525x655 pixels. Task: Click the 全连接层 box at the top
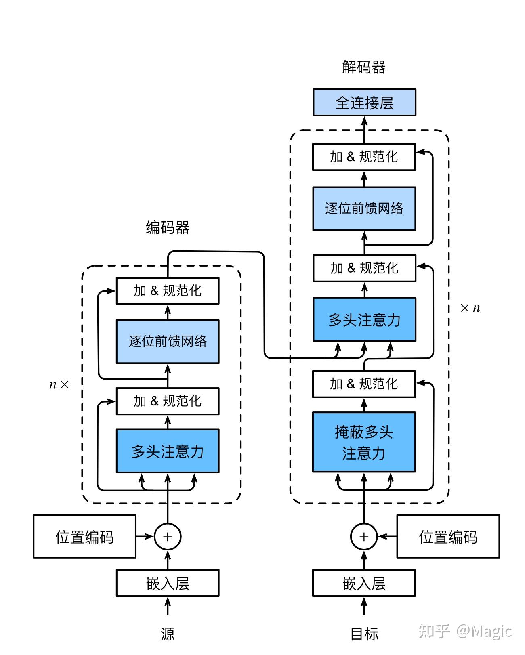point(364,103)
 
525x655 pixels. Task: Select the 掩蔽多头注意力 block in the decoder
point(364,442)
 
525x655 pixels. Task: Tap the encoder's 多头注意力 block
point(168,451)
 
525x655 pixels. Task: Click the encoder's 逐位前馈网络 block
point(168,342)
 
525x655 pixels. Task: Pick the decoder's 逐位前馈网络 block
point(364,208)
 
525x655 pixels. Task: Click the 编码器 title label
point(168,227)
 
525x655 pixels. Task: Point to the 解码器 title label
point(364,67)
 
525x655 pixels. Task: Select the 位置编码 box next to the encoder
point(84,537)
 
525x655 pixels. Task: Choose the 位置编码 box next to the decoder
point(448,537)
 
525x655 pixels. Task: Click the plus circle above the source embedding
point(168,537)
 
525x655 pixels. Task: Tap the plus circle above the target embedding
point(364,537)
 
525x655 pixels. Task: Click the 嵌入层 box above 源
point(168,583)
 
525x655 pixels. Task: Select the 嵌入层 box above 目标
point(364,583)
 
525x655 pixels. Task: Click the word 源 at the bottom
point(168,634)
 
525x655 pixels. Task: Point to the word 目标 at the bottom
point(364,634)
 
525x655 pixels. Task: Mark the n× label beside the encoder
point(59,384)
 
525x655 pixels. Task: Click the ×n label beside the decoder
point(470,308)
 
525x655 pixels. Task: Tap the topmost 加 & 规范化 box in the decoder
point(364,157)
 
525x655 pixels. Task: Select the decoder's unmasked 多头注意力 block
point(364,319)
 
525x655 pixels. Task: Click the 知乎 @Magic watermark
point(465,631)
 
